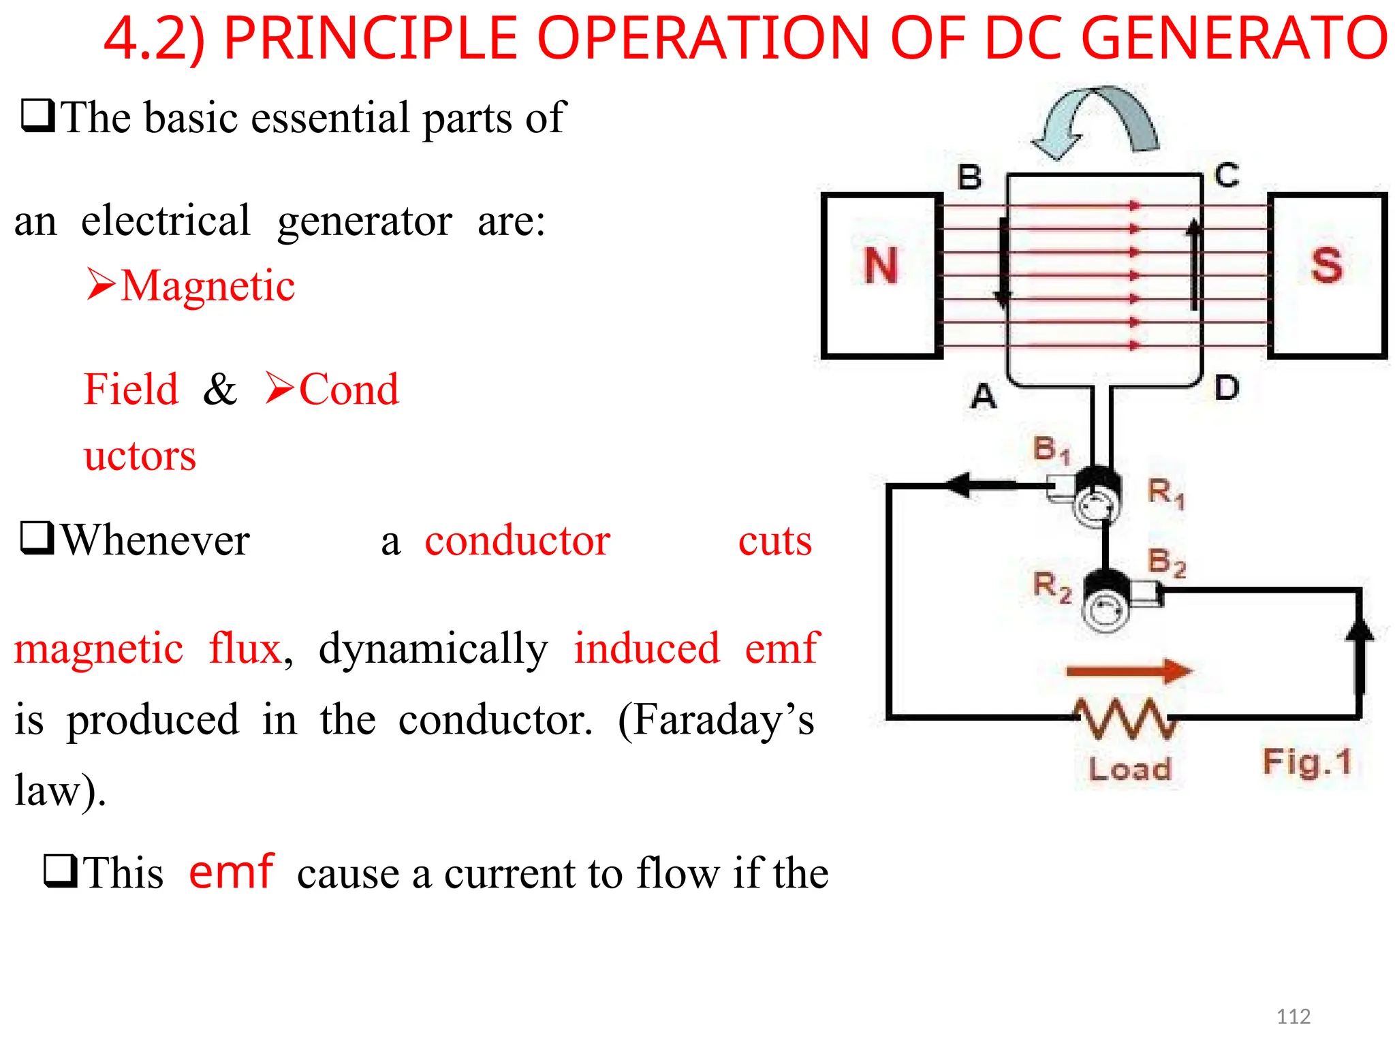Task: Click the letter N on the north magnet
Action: pyautogui.click(x=881, y=266)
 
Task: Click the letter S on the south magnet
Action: pyautogui.click(x=1326, y=266)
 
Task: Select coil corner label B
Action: pyautogui.click(x=970, y=177)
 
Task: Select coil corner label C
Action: pyautogui.click(x=1227, y=175)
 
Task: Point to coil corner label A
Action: pyautogui.click(x=983, y=396)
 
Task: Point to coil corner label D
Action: pyautogui.click(x=1227, y=388)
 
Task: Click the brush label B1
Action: pyautogui.click(x=1051, y=450)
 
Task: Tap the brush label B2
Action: pyautogui.click(x=1167, y=563)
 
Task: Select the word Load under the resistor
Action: pyautogui.click(x=1129, y=769)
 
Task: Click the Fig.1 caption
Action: pyautogui.click(x=1306, y=762)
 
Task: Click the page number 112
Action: pyautogui.click(x=1293, y=1016)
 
